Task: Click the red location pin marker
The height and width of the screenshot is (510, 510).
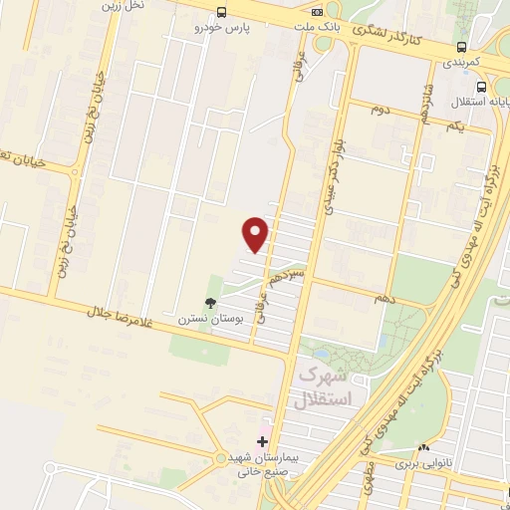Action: tap(256, 234)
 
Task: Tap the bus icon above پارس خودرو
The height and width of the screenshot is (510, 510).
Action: tap(220, 12)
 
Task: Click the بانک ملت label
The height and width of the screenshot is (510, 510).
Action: tap(318, 27)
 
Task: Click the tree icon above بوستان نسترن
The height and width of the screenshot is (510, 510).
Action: tap(210, 303)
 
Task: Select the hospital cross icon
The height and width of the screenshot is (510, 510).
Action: tap(263, 440)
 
